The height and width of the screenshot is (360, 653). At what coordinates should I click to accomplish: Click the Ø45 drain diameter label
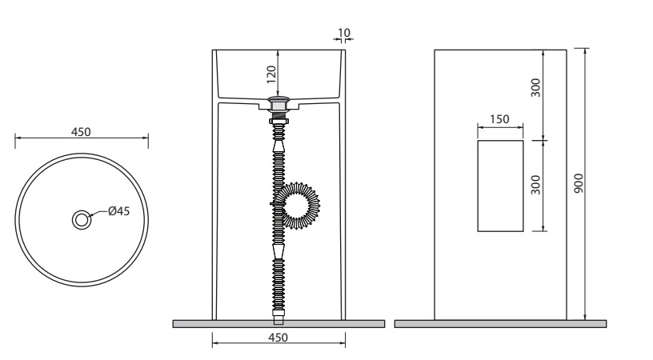point(119,211)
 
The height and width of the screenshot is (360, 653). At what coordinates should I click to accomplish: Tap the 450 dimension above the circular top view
point(81,132)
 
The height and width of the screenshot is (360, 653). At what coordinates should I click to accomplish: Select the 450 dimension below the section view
point(278,337)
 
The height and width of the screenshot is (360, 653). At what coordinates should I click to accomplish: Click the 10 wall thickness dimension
point(344,33)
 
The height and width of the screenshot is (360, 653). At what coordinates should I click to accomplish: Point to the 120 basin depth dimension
point(271,74)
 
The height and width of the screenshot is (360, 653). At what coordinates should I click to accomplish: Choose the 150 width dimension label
point(499,119)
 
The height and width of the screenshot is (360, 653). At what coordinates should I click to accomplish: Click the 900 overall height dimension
point(579,183)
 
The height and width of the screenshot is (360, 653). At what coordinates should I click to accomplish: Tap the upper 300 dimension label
point(535,88)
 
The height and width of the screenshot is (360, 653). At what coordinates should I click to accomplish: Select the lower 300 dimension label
point(535,185)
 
